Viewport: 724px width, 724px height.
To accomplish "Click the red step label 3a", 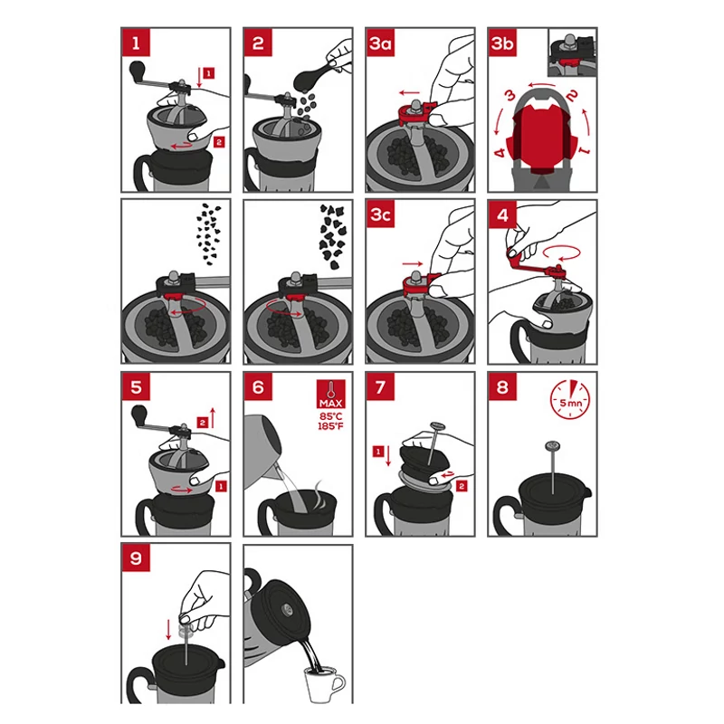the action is [380, 43].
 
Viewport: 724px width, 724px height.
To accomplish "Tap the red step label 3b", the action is [502, 43].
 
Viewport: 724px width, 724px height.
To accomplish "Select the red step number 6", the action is [258, 386].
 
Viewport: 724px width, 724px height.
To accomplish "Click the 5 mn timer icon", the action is [570, 399].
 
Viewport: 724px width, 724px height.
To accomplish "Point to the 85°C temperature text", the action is [330, 416].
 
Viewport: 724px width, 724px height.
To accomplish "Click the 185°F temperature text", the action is [330, 425].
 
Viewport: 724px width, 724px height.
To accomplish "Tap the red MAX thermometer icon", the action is [330, 394].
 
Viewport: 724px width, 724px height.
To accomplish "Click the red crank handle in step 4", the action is [535, 264].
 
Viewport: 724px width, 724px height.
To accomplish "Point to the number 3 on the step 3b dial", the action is [510, 96].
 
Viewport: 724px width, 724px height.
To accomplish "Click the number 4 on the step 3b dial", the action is [500, 152].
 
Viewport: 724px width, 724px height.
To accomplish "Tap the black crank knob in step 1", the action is [138, 71].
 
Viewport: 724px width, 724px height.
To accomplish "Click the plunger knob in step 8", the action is [553, 446].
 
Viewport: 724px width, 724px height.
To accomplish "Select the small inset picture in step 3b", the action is [572, 52].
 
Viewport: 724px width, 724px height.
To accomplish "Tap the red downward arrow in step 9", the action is [168, 629].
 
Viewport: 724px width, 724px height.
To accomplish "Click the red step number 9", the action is [136, 557].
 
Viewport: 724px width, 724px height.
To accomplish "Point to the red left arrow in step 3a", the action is [410, 92].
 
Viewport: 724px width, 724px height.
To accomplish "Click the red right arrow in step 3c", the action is [413, 263].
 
